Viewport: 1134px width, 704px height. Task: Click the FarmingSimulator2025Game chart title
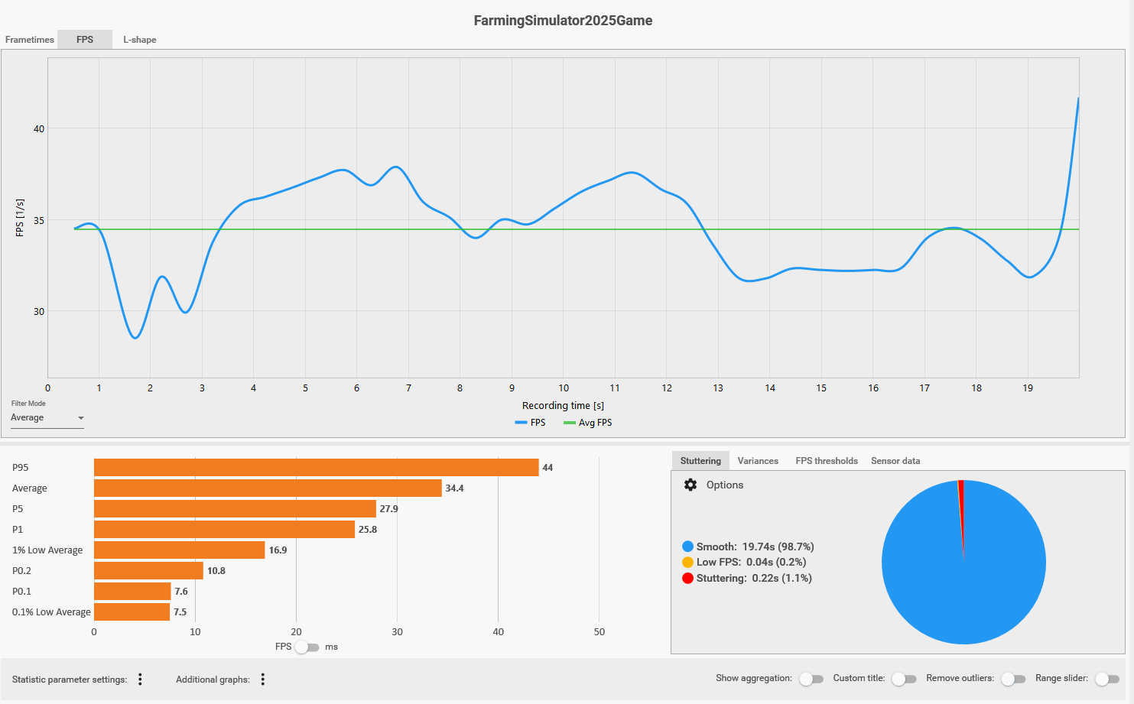coord(563,21)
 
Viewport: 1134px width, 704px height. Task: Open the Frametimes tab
coord(30,40)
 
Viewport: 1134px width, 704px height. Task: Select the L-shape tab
coord(139,40)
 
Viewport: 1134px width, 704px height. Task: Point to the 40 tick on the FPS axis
coord(39,128)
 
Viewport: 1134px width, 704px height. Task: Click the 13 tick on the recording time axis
coord(718,388)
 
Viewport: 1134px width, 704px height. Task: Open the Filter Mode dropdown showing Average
coord(47,418)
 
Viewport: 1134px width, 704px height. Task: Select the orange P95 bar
coord(316,467)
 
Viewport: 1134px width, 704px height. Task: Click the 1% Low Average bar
coord(179,550)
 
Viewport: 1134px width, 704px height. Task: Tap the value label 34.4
coord(454,488)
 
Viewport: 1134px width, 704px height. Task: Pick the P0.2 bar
coord(148,571)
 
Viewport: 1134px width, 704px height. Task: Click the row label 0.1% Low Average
coord(51,612)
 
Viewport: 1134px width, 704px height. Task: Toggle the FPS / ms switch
coord(307,647)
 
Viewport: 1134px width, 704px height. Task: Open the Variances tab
coord(758,461)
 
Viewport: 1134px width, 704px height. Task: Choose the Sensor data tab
coord(895,461)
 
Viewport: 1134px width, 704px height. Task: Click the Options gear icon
coord(690,485)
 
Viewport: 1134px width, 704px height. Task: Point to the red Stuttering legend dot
coord(687,579)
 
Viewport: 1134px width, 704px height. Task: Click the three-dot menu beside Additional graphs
coord(262,680)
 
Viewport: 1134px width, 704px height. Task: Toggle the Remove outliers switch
coord(1012,680)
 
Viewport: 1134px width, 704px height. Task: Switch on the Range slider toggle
coord(1106,680)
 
